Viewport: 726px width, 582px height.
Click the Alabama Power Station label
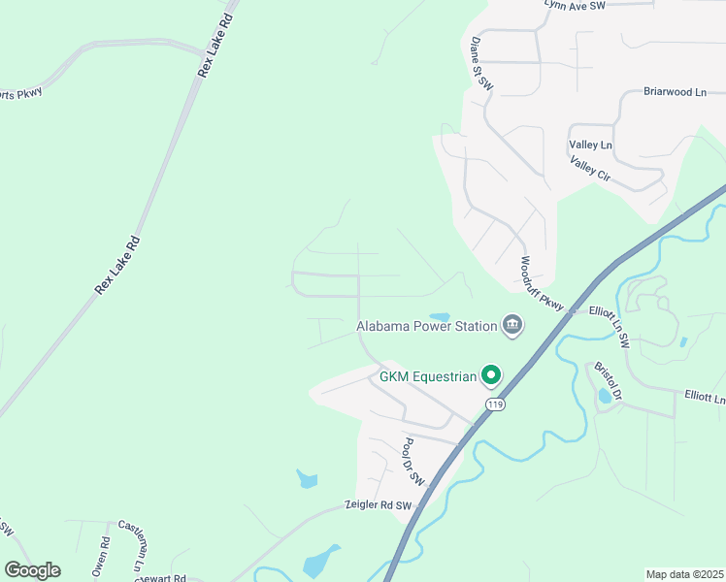pyautogui.click(x=426, y=326)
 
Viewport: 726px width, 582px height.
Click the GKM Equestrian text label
pyautogui.click(x=428, y=376)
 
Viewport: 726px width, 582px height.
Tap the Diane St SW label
pyautogui.click(x=482, y=65)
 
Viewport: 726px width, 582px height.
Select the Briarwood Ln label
pyautogui.click(x=675, y=92)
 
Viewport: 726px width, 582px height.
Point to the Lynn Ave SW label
pyautogui.click(x=575, y=5)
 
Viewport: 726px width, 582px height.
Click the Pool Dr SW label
pyautogui.click(x=414, y=461)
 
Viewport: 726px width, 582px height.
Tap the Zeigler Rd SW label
pyautogui.click(x=379, y=505)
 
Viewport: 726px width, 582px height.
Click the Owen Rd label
pyautogui.click(x=98, y=563)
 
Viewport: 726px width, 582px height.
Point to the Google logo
pyautogui.click(x=32, y=570)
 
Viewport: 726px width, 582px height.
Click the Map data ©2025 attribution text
pyautogui.click(x=684, y=574)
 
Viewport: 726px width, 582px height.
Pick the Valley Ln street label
pyautogui.click(x=590, y=145)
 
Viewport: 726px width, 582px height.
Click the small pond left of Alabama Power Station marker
pyautogui.click(x=440, y=316)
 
